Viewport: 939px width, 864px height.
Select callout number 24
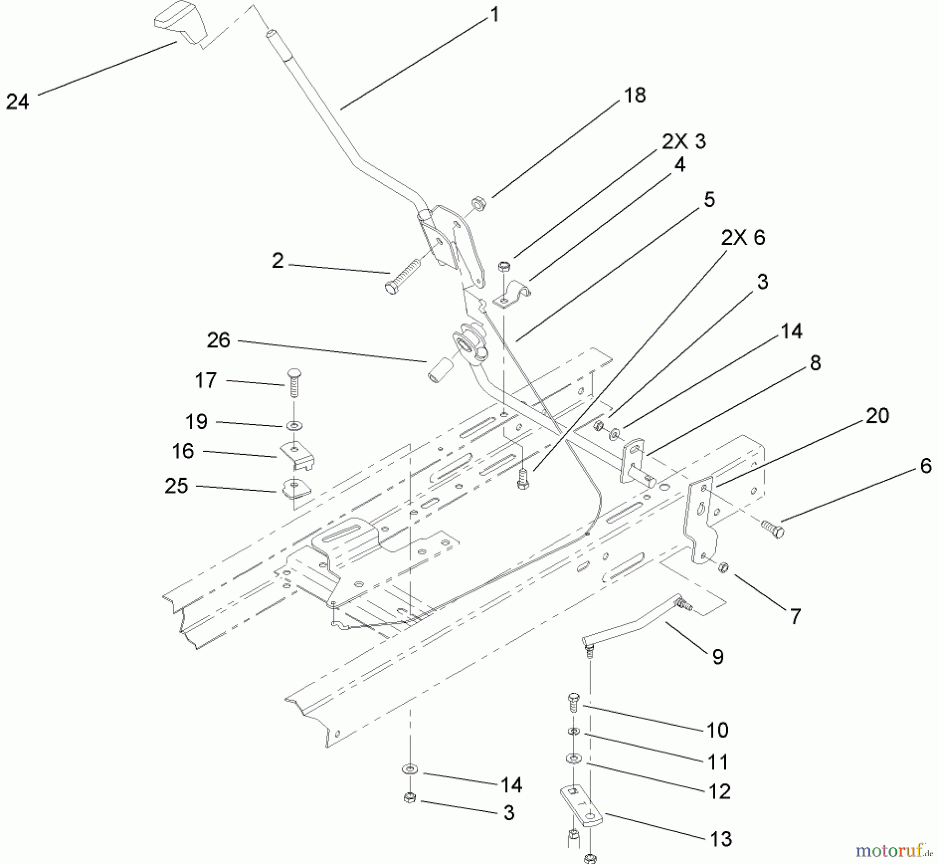click(18, 101)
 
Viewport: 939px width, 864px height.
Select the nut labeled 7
click(723, 567)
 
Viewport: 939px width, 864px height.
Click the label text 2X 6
click(743, 238)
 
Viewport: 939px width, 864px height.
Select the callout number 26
click(219, 340)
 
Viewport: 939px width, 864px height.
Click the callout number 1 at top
click(495, 14)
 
